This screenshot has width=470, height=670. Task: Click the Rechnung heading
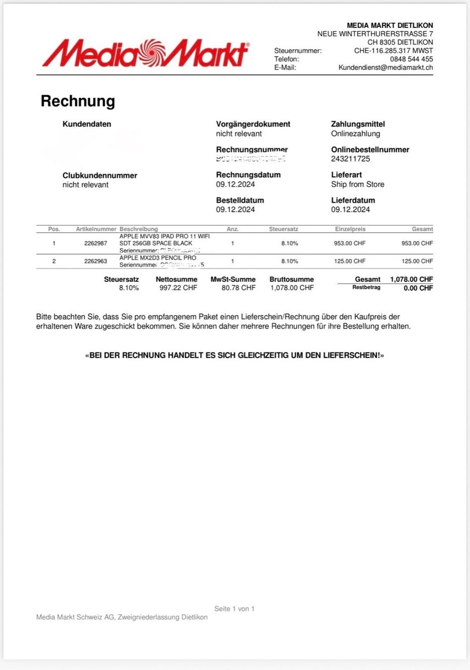[x=78, y=101]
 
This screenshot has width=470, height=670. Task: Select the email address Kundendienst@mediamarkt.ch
[x=385, y=67]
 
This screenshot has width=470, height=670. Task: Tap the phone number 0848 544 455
[x=411, y=59]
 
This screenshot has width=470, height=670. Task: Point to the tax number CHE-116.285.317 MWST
[x=393, y=51]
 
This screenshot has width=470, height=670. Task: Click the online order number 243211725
[x=351, y=159]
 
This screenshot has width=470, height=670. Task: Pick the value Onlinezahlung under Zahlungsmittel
[x=355, y=134]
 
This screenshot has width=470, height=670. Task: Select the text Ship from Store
[x=357, y=184]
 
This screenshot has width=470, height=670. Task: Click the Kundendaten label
[x=87, y=124]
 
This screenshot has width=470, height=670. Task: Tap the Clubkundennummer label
[x=100, y=175]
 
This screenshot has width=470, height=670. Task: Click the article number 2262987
[x=96, y=243]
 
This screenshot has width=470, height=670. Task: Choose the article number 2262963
[x=96, y=261]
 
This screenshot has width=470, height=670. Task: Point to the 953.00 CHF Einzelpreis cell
[x=350, y=243]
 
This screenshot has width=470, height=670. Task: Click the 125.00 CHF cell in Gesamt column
[x=417, y=261]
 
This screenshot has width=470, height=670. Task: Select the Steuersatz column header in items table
[x=284, y=229]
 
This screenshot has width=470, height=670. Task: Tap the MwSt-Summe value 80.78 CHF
[x=238, y=288]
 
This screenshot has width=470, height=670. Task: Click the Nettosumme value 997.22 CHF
[x=178, y=288]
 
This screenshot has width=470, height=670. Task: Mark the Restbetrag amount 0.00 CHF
[x=418, y=288]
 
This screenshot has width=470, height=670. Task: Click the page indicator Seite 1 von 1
[x=234, y=608]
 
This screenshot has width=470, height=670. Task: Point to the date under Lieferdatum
[x=351, y=209]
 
